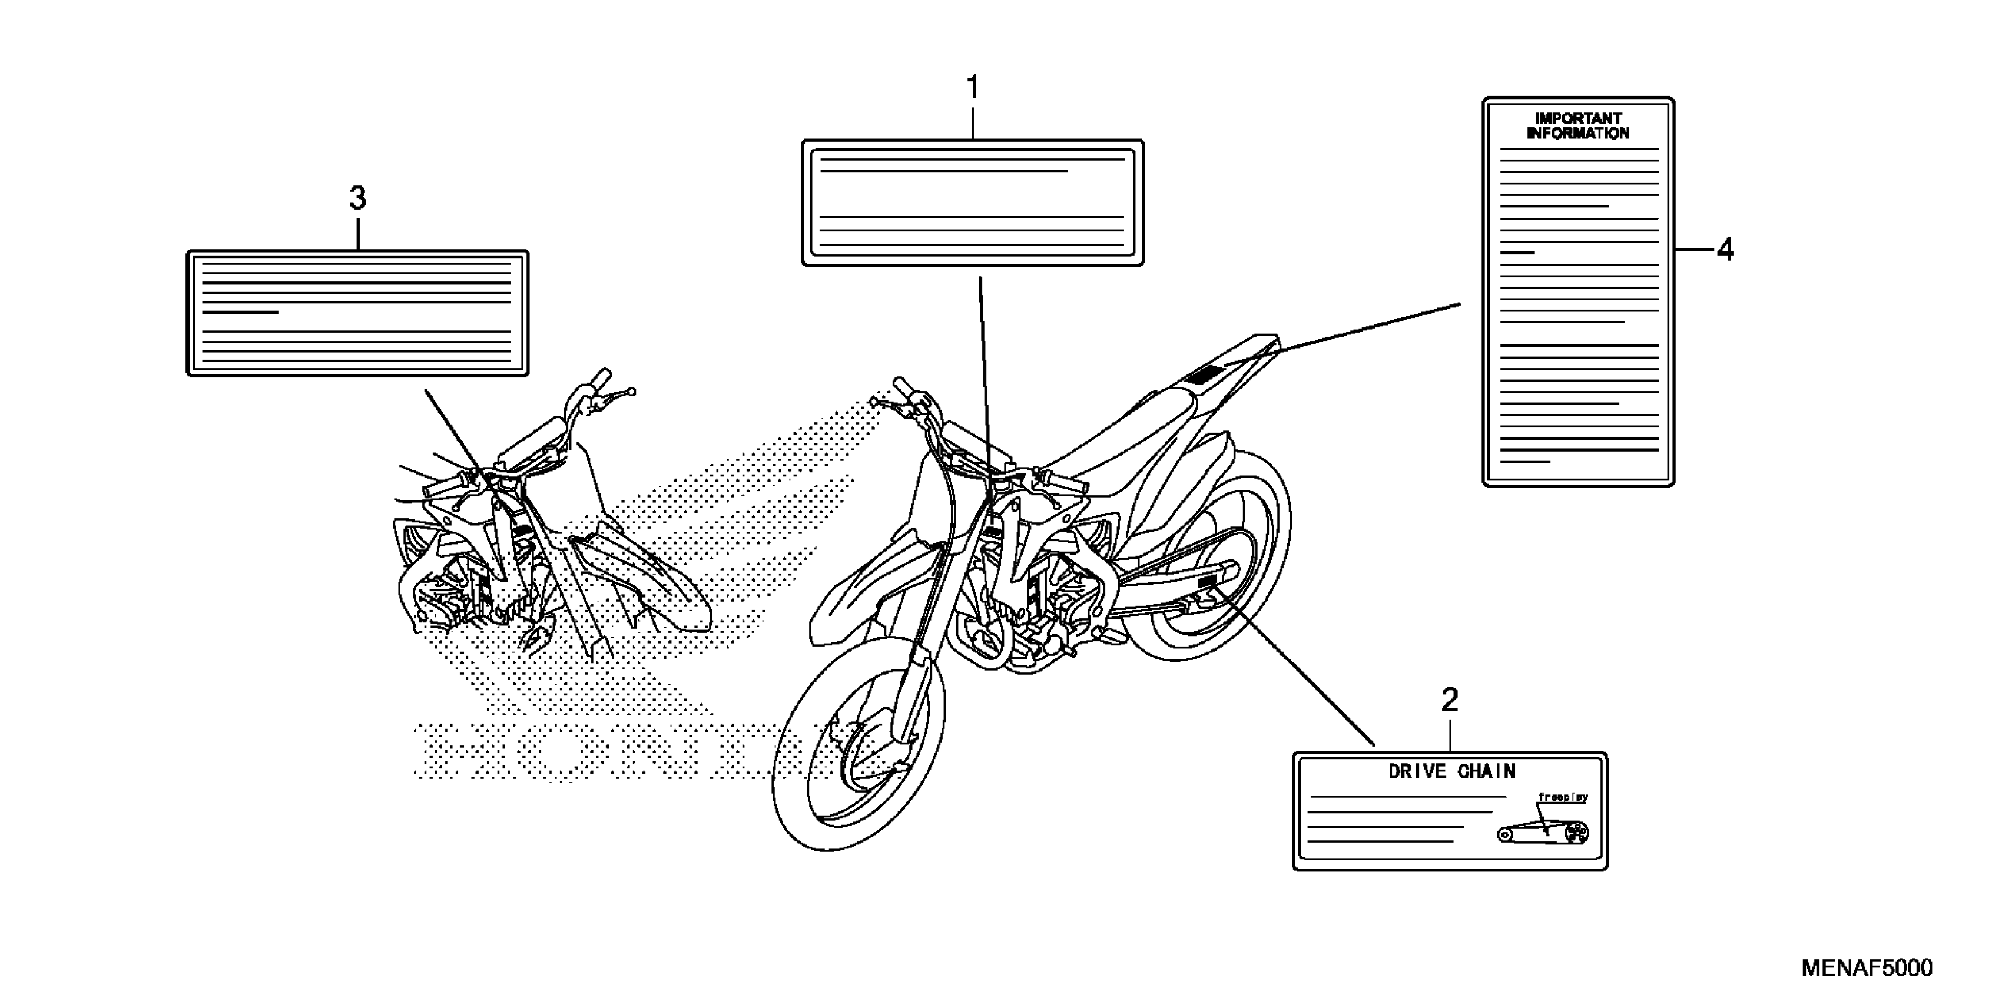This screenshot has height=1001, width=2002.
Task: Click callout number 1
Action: (972, 88)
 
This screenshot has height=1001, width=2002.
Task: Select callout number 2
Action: (1450, 701)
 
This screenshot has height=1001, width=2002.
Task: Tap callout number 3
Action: (357, 199)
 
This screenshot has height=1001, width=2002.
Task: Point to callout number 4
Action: (1725, 250)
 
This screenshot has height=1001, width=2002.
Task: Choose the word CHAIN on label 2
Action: (1486, 772)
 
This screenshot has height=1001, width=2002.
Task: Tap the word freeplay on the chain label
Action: (1562, 797)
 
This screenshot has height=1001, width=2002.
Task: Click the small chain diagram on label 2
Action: (1543, 833)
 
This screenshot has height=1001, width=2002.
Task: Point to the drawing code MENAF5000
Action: (1865, 967)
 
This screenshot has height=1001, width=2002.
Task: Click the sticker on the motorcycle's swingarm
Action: (1207, 582)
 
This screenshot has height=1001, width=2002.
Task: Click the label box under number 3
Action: (357, 313)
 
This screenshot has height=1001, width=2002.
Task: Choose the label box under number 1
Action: (972, 203)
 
